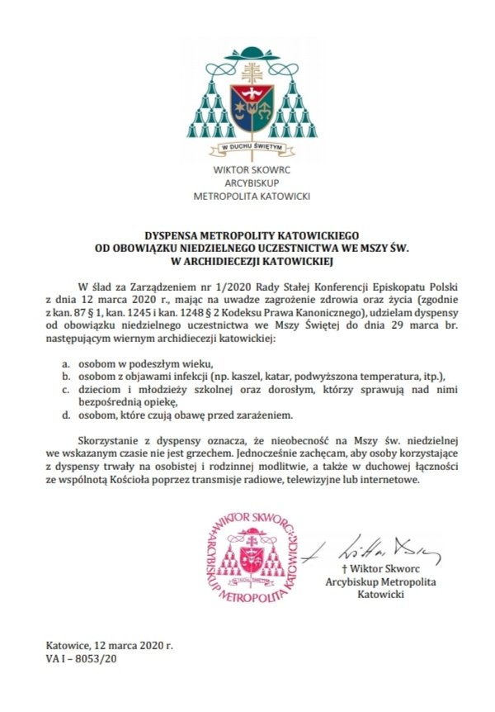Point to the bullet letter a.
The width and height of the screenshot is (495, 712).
[x=65, y=364]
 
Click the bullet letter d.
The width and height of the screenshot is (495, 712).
[x=65, y=415]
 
